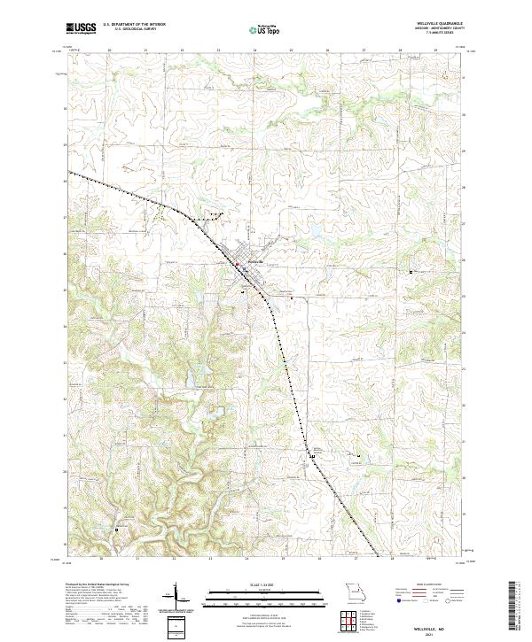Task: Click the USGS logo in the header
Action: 81,28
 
